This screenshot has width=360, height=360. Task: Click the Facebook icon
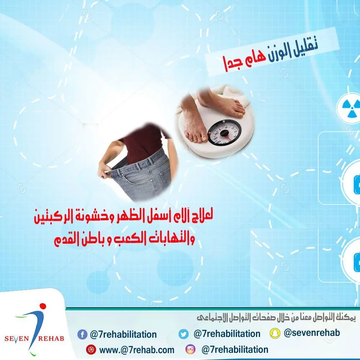[x=82, y=334]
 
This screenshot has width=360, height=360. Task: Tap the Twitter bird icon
[x=184, y=334]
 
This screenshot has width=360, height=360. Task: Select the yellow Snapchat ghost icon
[x=275, y=333]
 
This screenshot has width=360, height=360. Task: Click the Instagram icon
[x=190, y=350]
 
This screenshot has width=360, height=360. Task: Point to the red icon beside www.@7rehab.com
[x=90, y=350]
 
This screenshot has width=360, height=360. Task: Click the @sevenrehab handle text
[x=312, y=333]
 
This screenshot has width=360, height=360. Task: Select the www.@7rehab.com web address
[x=136, y=350]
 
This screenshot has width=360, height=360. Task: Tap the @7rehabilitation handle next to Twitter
[x=227, y=334]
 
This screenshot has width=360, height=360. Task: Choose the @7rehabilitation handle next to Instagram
[x=235, y=350]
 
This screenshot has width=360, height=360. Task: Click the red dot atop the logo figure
[x=43, y=306]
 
